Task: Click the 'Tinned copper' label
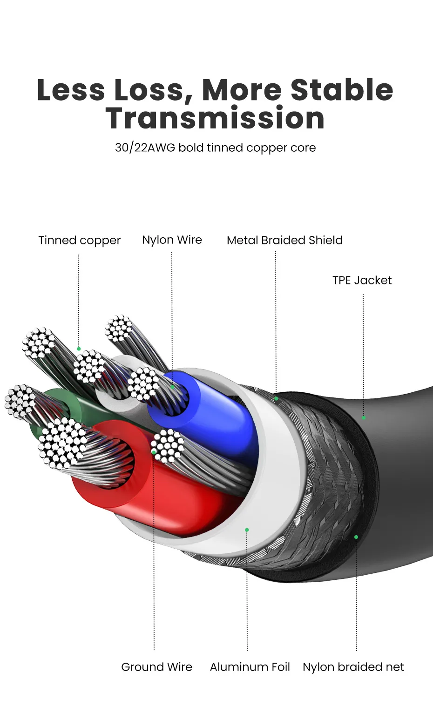[x=79, y=240]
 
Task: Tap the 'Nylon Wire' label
[x=172, y=240]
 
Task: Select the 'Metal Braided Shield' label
[x=284, y=240]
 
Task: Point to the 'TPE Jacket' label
[x=362, y=280]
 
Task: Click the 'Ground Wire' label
[x=156, y=667]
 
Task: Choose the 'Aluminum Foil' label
[x=250, y=667]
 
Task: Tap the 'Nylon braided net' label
[x=353, y=667]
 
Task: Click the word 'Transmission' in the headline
[x=215, y=118]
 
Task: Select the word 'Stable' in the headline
[x=342, y=89]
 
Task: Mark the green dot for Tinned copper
[x=79, y=349]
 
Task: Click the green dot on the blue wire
[x=172, y=386]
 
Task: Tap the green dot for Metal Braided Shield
[x=276, y=398]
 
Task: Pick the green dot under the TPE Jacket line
[x=364, y=417]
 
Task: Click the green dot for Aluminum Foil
[x=247, y=530]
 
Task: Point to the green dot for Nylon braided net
[x=356, y=537]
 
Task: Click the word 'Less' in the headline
[x=71, y=89]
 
